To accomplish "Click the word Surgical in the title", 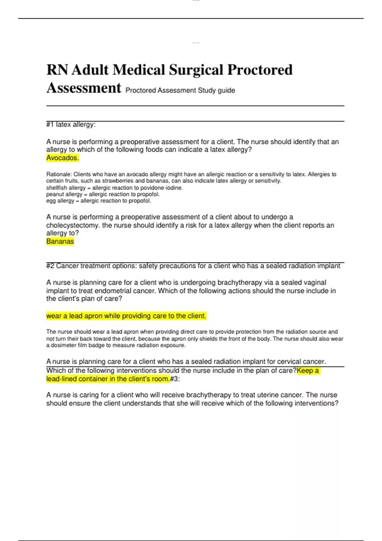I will coord(195,70).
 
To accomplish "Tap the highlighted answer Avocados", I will coord(62,158).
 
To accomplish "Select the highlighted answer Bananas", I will coord(60,242).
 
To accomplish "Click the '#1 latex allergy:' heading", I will coord(71,124).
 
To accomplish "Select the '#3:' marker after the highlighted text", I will coord(175,379).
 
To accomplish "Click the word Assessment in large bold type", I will coord(84,88).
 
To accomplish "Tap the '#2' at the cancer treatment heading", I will coord(50,266).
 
